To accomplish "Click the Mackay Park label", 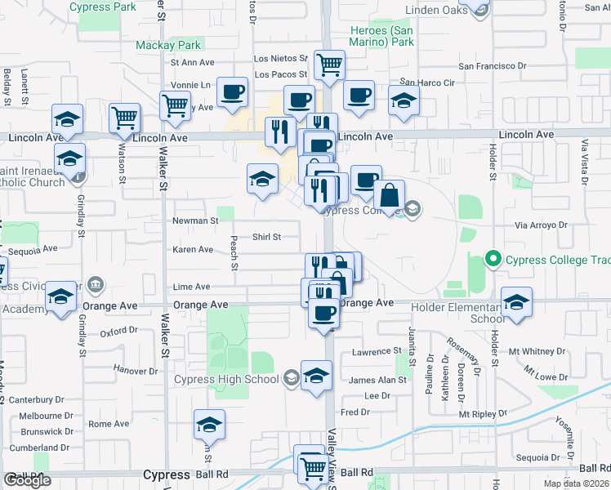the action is [x=168, y=45].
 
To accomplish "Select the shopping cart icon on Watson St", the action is [x=124, y=118].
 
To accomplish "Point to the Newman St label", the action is [x=194, y=220].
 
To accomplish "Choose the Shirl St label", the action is [x=266, y=237].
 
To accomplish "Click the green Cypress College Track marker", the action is [x=493, y=260].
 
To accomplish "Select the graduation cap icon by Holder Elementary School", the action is [x=516, y=303].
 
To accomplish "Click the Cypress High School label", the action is [x=226, y=379].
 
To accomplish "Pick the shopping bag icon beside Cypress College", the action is [x=390, y=195].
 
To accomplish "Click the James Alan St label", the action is [x=377, y=380].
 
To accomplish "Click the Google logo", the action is [x=27, y=480].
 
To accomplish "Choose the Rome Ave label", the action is [x=109, y=424].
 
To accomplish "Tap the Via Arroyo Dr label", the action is [x=541, y=225].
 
